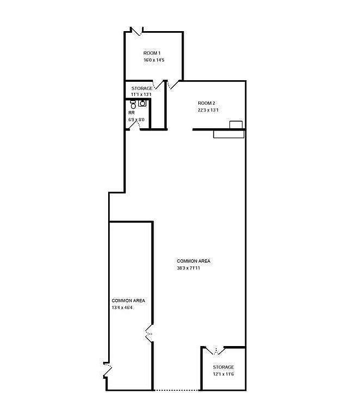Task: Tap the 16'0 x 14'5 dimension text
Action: pyautogui.click(x=154, y=60)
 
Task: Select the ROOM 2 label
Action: pyautogui.click(x=206, y=103)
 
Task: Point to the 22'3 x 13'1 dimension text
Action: pyautogui.click(x=208, y=110)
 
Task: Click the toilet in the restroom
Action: pyautogui.click(x=133, y=103)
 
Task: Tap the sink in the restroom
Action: pyautogui.click(x=143, y=102)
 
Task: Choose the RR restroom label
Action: pyautogui.click(x=132, y=113)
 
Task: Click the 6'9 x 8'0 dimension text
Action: pyautogui.click(x=137, y=119)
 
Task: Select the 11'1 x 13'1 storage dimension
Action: pyautogui.click(x=141, y=95)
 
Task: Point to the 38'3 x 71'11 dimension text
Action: pyautogui.click(x=193, y=268)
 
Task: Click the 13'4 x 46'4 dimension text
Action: pyautogui.click(x=123, y=308)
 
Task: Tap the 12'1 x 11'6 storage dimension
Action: pyautogui.click(x=223, y=374)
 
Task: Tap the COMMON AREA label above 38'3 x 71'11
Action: pyautogui.click(x=193, y=261)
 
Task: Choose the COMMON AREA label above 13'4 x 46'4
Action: pyautogui.click(x=128, y=301)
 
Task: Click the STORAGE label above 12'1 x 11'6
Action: pyautogui.click(x=223, y=367)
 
